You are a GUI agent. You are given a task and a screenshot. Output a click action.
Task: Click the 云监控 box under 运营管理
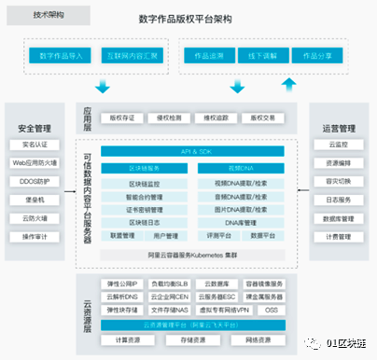[x=338, y=145]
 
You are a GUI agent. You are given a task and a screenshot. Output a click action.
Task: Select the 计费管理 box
[x=338, y=237]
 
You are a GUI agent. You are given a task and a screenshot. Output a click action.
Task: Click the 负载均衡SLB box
[x=171, y=284]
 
